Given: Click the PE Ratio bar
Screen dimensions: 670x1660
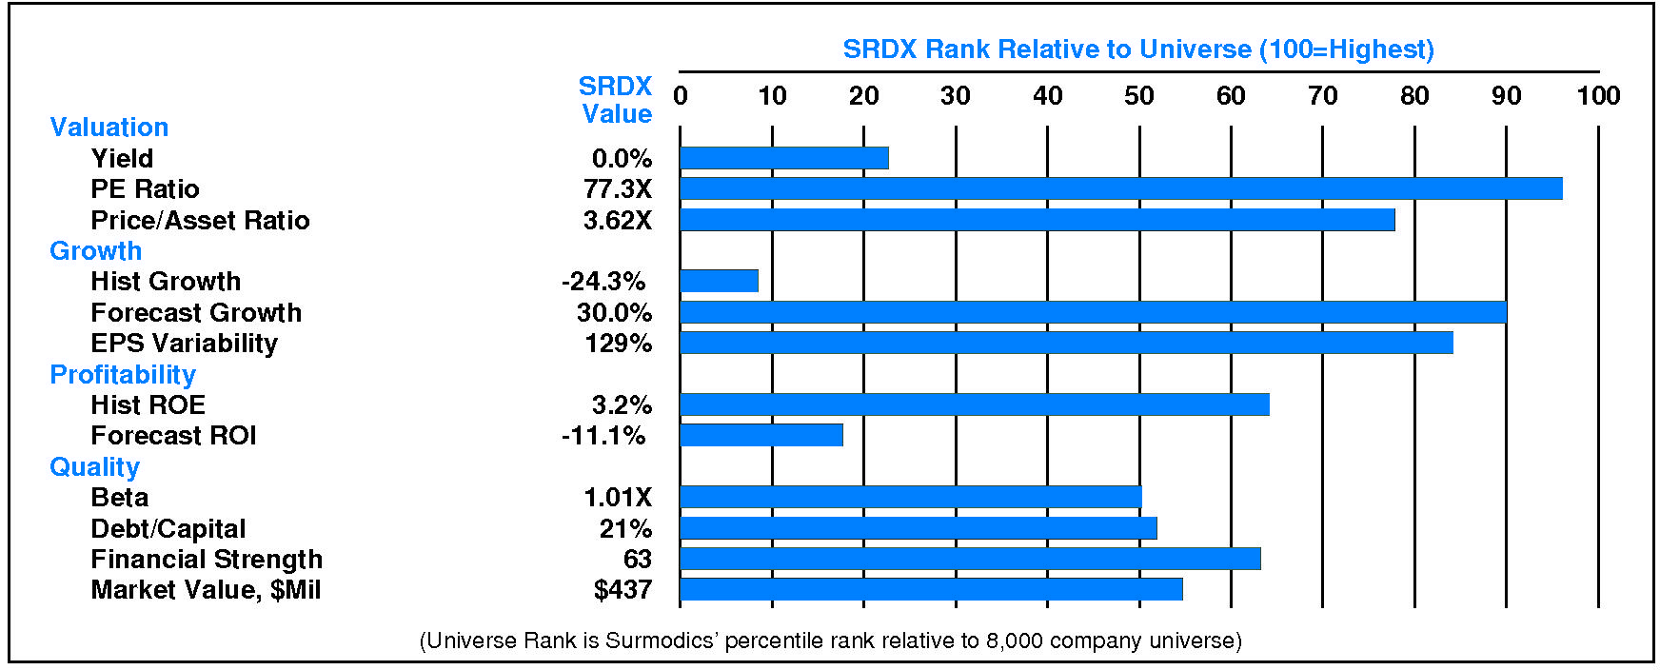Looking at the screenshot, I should pos(1120,188).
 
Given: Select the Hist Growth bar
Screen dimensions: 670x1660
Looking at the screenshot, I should pos(719,281).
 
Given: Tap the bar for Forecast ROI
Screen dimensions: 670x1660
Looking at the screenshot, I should pos(761,435).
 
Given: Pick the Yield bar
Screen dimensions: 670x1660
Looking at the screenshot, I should pos(783,158).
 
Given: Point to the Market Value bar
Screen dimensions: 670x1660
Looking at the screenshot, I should pos(931,589).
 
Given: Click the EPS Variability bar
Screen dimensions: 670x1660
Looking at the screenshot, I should pos(1066,343).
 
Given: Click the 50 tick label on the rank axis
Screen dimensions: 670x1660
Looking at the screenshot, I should pos(1138,96).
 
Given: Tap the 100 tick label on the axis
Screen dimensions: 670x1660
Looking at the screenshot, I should pos(1598,96).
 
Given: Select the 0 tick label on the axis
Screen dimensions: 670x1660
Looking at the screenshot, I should pos(681,96).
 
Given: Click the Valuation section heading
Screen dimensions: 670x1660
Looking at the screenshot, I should pos(109,128).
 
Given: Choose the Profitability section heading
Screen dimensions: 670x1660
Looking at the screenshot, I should pos(123,375).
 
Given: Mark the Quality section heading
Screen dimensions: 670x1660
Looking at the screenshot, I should pos(95,467).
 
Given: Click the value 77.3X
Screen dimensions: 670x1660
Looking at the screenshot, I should pos(618,189).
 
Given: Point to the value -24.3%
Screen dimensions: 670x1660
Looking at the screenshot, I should pos(603,282).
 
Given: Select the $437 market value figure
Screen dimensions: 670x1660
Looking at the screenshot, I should pos(622,590).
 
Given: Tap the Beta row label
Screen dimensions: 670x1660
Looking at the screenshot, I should pos(120,498).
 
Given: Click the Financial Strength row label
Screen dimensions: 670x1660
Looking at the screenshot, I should pos(207,560).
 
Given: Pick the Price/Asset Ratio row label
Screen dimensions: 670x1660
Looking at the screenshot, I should pos(200,221).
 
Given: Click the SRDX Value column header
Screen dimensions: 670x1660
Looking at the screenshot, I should pos(616,100).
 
